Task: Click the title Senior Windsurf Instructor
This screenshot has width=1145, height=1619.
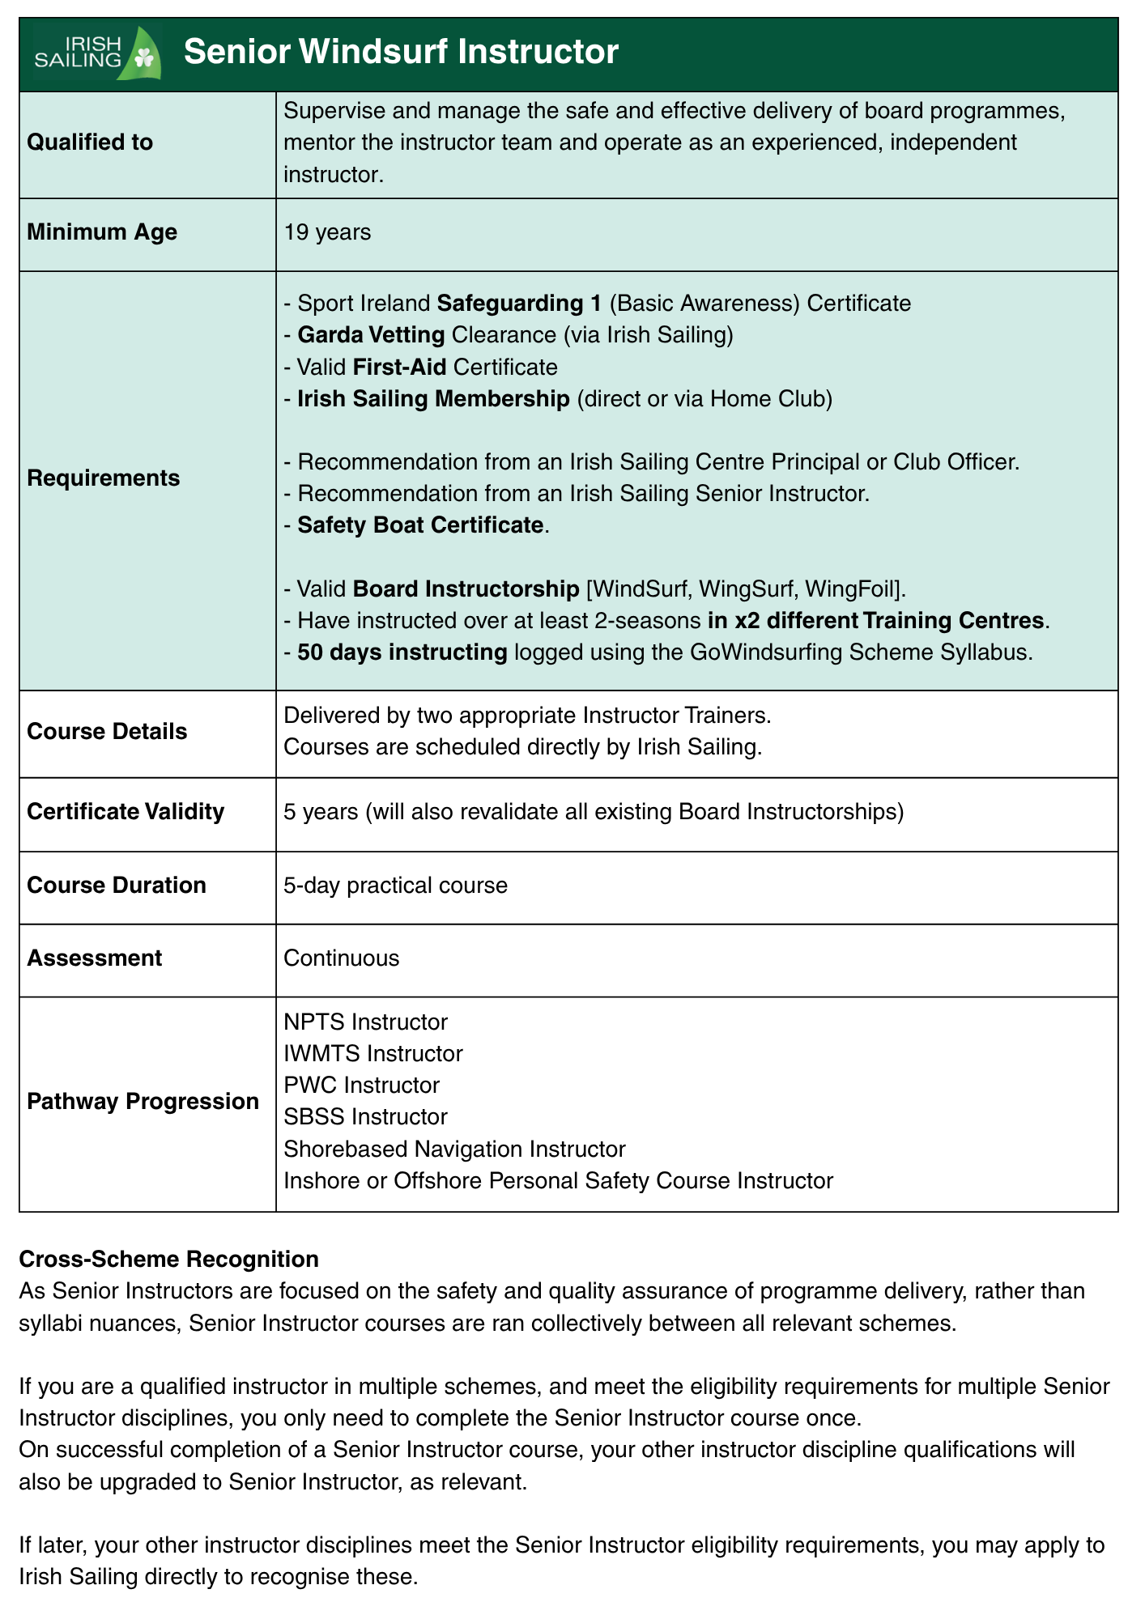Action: [x=401, y=52]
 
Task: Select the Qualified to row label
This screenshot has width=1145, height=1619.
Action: [x=90, y=142]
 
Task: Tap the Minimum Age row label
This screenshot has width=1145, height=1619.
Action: [x=102, y=232]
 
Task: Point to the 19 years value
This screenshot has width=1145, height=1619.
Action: [x=327, y=232]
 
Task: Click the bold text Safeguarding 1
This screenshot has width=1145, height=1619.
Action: [x=519, y=304]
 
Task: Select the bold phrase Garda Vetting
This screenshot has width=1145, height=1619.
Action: [x=371, y=335]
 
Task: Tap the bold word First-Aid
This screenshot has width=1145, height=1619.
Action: [x=399, y=368]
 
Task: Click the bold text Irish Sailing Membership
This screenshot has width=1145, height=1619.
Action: [x=433, y=399]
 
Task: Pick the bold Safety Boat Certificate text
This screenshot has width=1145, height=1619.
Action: [x=419, y=525]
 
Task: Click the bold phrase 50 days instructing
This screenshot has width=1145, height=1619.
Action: [x=402, y=652]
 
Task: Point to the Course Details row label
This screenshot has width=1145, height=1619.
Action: [x=107, y=732]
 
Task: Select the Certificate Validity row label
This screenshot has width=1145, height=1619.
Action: [x=126, y=812]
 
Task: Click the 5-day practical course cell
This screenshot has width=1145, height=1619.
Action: [x=395, y=886]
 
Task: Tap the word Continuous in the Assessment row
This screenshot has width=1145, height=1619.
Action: [x=341, y=958]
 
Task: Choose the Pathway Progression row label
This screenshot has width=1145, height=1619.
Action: [x=143, y=1102]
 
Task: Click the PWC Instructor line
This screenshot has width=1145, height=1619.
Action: [x=361, y=1086]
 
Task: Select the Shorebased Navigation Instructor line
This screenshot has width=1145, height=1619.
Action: [x=454, y=1149]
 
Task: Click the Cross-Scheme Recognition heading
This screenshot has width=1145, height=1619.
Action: [x=168, y=1260]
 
